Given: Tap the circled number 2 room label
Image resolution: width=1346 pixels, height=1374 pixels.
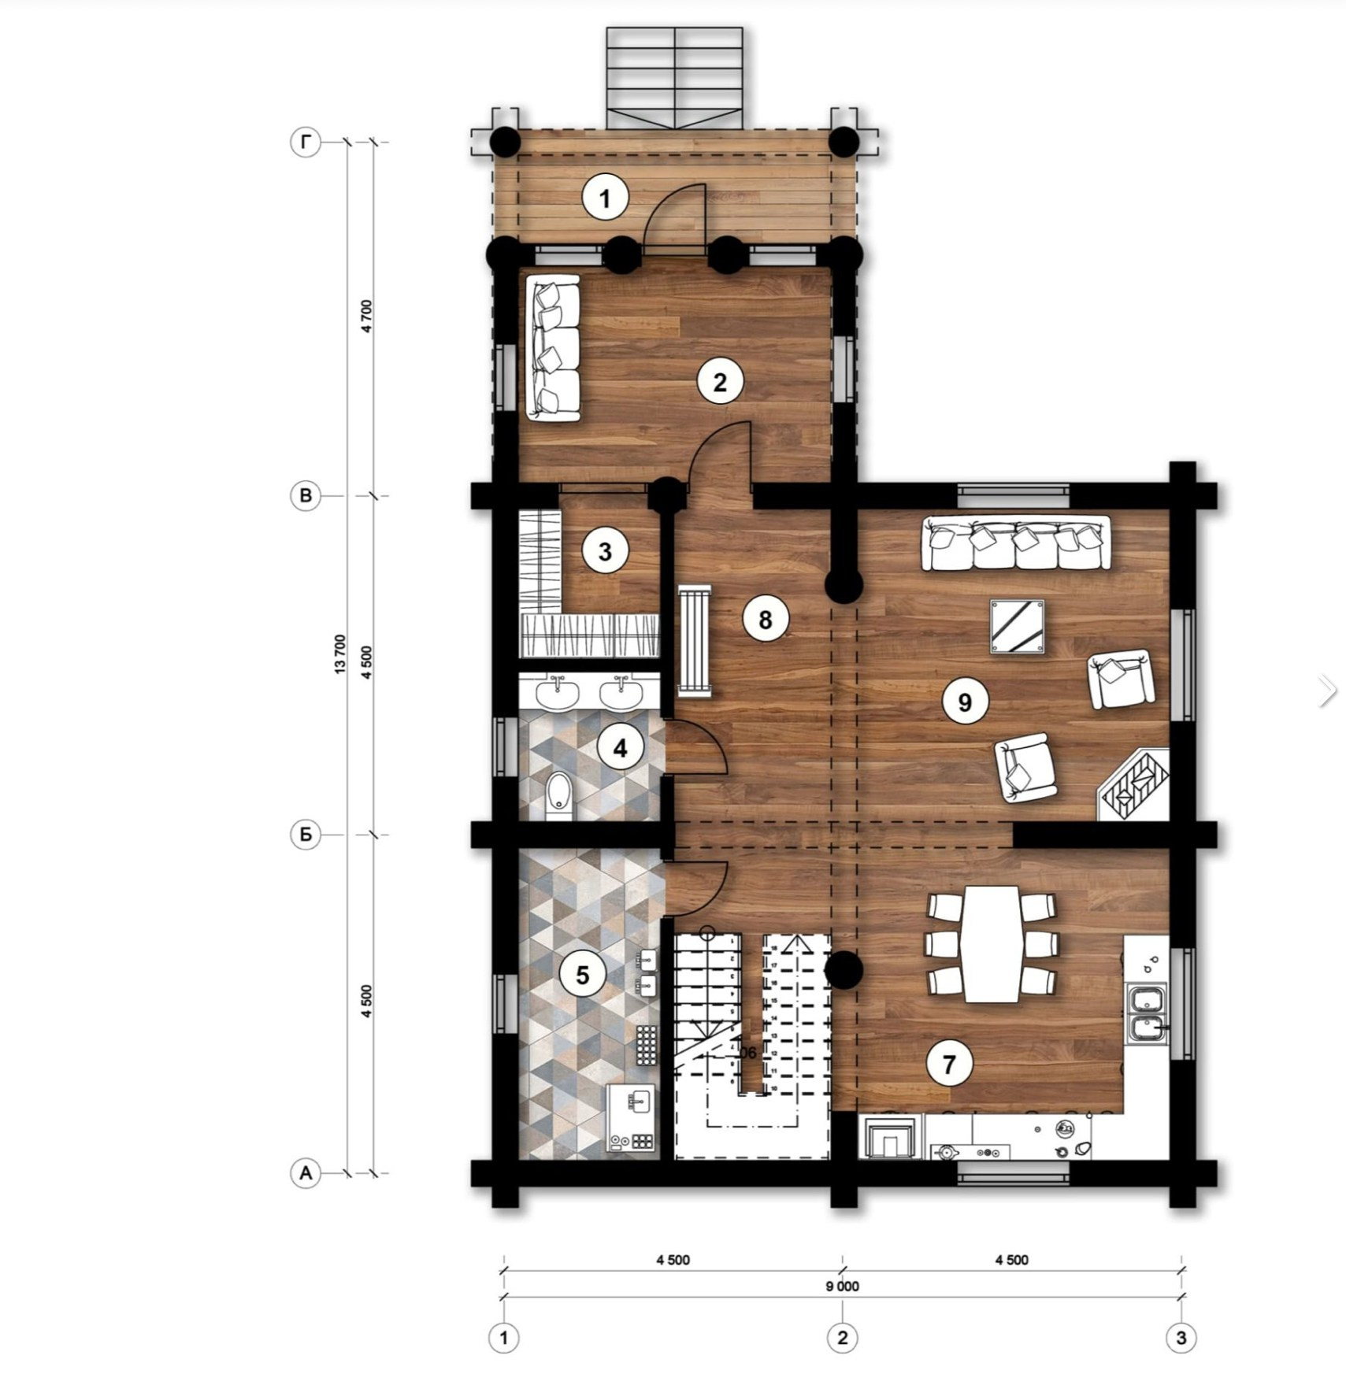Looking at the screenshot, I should coord(719,382).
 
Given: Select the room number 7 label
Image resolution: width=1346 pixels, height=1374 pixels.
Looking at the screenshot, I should coord(948,1065).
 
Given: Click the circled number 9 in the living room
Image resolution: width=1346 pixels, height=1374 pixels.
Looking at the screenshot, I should coord(965,702).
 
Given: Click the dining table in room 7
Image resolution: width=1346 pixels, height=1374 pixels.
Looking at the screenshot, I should coord(992,943).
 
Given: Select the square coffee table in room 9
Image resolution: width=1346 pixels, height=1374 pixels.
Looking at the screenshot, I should coord(1018,627).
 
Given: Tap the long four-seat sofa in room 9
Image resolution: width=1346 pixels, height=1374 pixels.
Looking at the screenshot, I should coord(1016,543).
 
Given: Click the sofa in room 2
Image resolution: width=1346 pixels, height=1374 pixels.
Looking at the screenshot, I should coord(552,348).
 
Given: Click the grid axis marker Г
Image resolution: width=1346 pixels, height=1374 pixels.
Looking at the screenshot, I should coord(306,143).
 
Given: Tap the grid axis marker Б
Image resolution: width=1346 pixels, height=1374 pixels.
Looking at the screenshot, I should coord(306,835).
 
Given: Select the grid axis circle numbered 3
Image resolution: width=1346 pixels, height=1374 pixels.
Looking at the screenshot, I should coord(1180,1337).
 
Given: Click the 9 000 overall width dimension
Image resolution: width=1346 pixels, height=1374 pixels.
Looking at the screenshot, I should coord(842,1286).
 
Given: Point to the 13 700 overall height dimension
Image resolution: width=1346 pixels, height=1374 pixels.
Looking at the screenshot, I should coord(340,654).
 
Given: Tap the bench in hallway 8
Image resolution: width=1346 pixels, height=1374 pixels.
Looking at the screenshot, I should coord(695,640).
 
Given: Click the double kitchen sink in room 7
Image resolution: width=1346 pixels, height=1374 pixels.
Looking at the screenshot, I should coord(1146,1014).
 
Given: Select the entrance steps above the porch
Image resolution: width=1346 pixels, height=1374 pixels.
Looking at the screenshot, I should coord(674,79).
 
